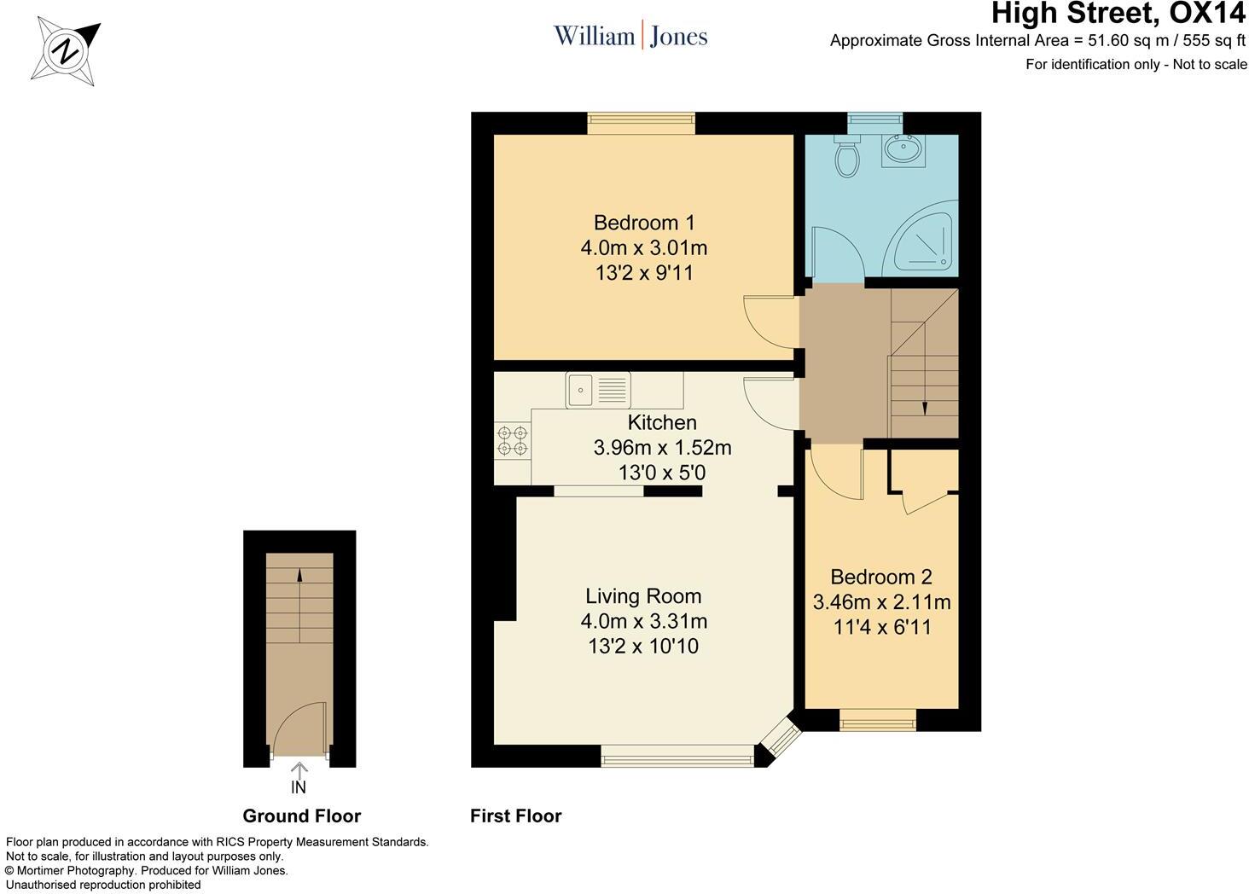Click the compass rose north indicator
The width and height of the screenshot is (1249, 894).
click(67, 52)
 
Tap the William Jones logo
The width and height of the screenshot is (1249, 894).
click(630, 36)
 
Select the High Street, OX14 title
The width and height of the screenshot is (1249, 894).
click(1118, 14)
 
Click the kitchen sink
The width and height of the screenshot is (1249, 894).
click(597, 391)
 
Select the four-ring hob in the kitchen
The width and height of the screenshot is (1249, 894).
click(513, 440)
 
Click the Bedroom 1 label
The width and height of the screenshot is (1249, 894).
click(644, 223)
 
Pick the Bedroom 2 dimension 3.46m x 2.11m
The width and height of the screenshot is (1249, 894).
click(881, 602)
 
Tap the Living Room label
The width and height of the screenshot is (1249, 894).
click(643, 596)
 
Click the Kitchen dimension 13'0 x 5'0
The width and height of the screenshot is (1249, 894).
click(662, 473)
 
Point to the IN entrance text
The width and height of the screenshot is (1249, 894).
click(299, 787)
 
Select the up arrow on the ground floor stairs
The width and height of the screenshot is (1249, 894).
click(299, 576)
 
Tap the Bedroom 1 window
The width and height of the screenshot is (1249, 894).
click(641, 124)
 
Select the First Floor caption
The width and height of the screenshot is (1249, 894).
click(515, 816)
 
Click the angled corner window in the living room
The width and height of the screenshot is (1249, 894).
click(778, 740)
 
